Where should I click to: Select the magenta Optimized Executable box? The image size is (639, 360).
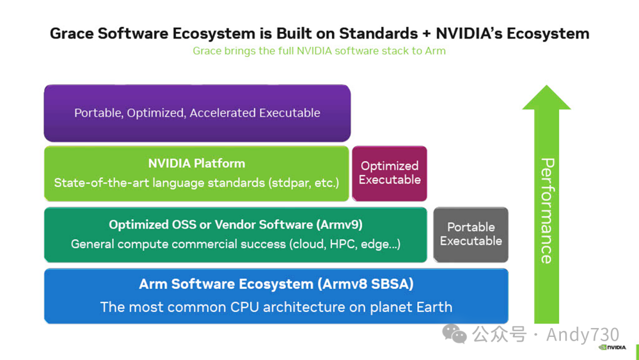(389, 173)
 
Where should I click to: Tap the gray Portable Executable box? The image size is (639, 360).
(471, 234)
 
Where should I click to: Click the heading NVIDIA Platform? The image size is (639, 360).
(196, 163)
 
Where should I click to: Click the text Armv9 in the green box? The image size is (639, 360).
(340, 224)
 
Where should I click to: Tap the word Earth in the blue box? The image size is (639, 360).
(433, 307)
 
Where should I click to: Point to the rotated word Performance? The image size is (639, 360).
(547, 210)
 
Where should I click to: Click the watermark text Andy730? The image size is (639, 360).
(582, 335)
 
